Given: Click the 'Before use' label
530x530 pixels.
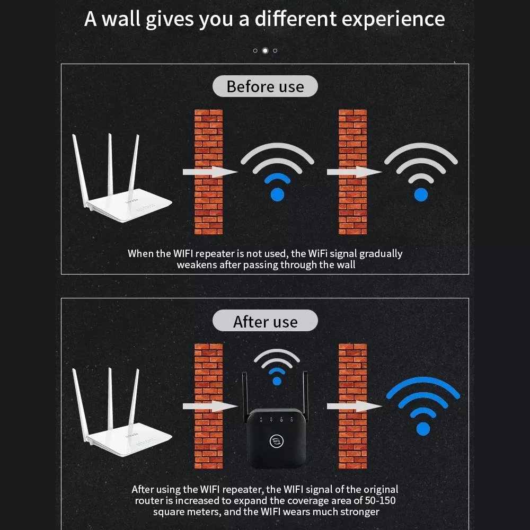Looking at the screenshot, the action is [x=265, y=86].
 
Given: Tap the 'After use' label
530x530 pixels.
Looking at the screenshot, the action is [x=265, y=321].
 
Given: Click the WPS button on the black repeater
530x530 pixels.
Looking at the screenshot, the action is [x=277, y=441].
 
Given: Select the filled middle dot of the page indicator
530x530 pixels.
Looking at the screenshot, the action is [x=266, y=51].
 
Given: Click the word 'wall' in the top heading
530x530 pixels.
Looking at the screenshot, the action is [x=121, y=19].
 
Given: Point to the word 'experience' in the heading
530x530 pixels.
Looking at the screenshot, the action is [x=393, y=20].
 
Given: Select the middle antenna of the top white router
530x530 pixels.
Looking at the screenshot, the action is [x=110, y=165].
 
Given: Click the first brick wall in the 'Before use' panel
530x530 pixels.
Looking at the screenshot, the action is [x=208, y=172].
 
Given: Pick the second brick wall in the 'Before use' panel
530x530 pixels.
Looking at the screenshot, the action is [x=352, y=172].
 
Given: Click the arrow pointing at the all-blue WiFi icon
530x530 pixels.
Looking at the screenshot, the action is [x=354, y=406].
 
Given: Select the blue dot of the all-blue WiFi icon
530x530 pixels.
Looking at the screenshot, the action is [x=423, y=429].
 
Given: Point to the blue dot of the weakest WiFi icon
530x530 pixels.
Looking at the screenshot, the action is [x=421, y=195].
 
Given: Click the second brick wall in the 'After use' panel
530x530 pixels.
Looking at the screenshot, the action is [x=352, y=406].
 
